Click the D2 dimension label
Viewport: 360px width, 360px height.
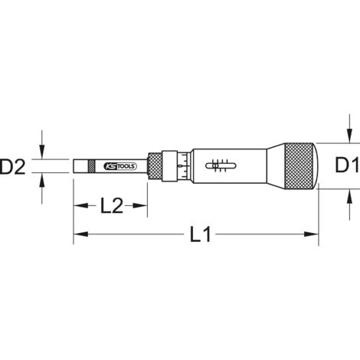(x=16, y=165)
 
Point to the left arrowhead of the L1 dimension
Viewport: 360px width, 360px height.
(x=78, y=235)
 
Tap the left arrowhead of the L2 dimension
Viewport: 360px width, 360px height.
(x=78, y=205)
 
